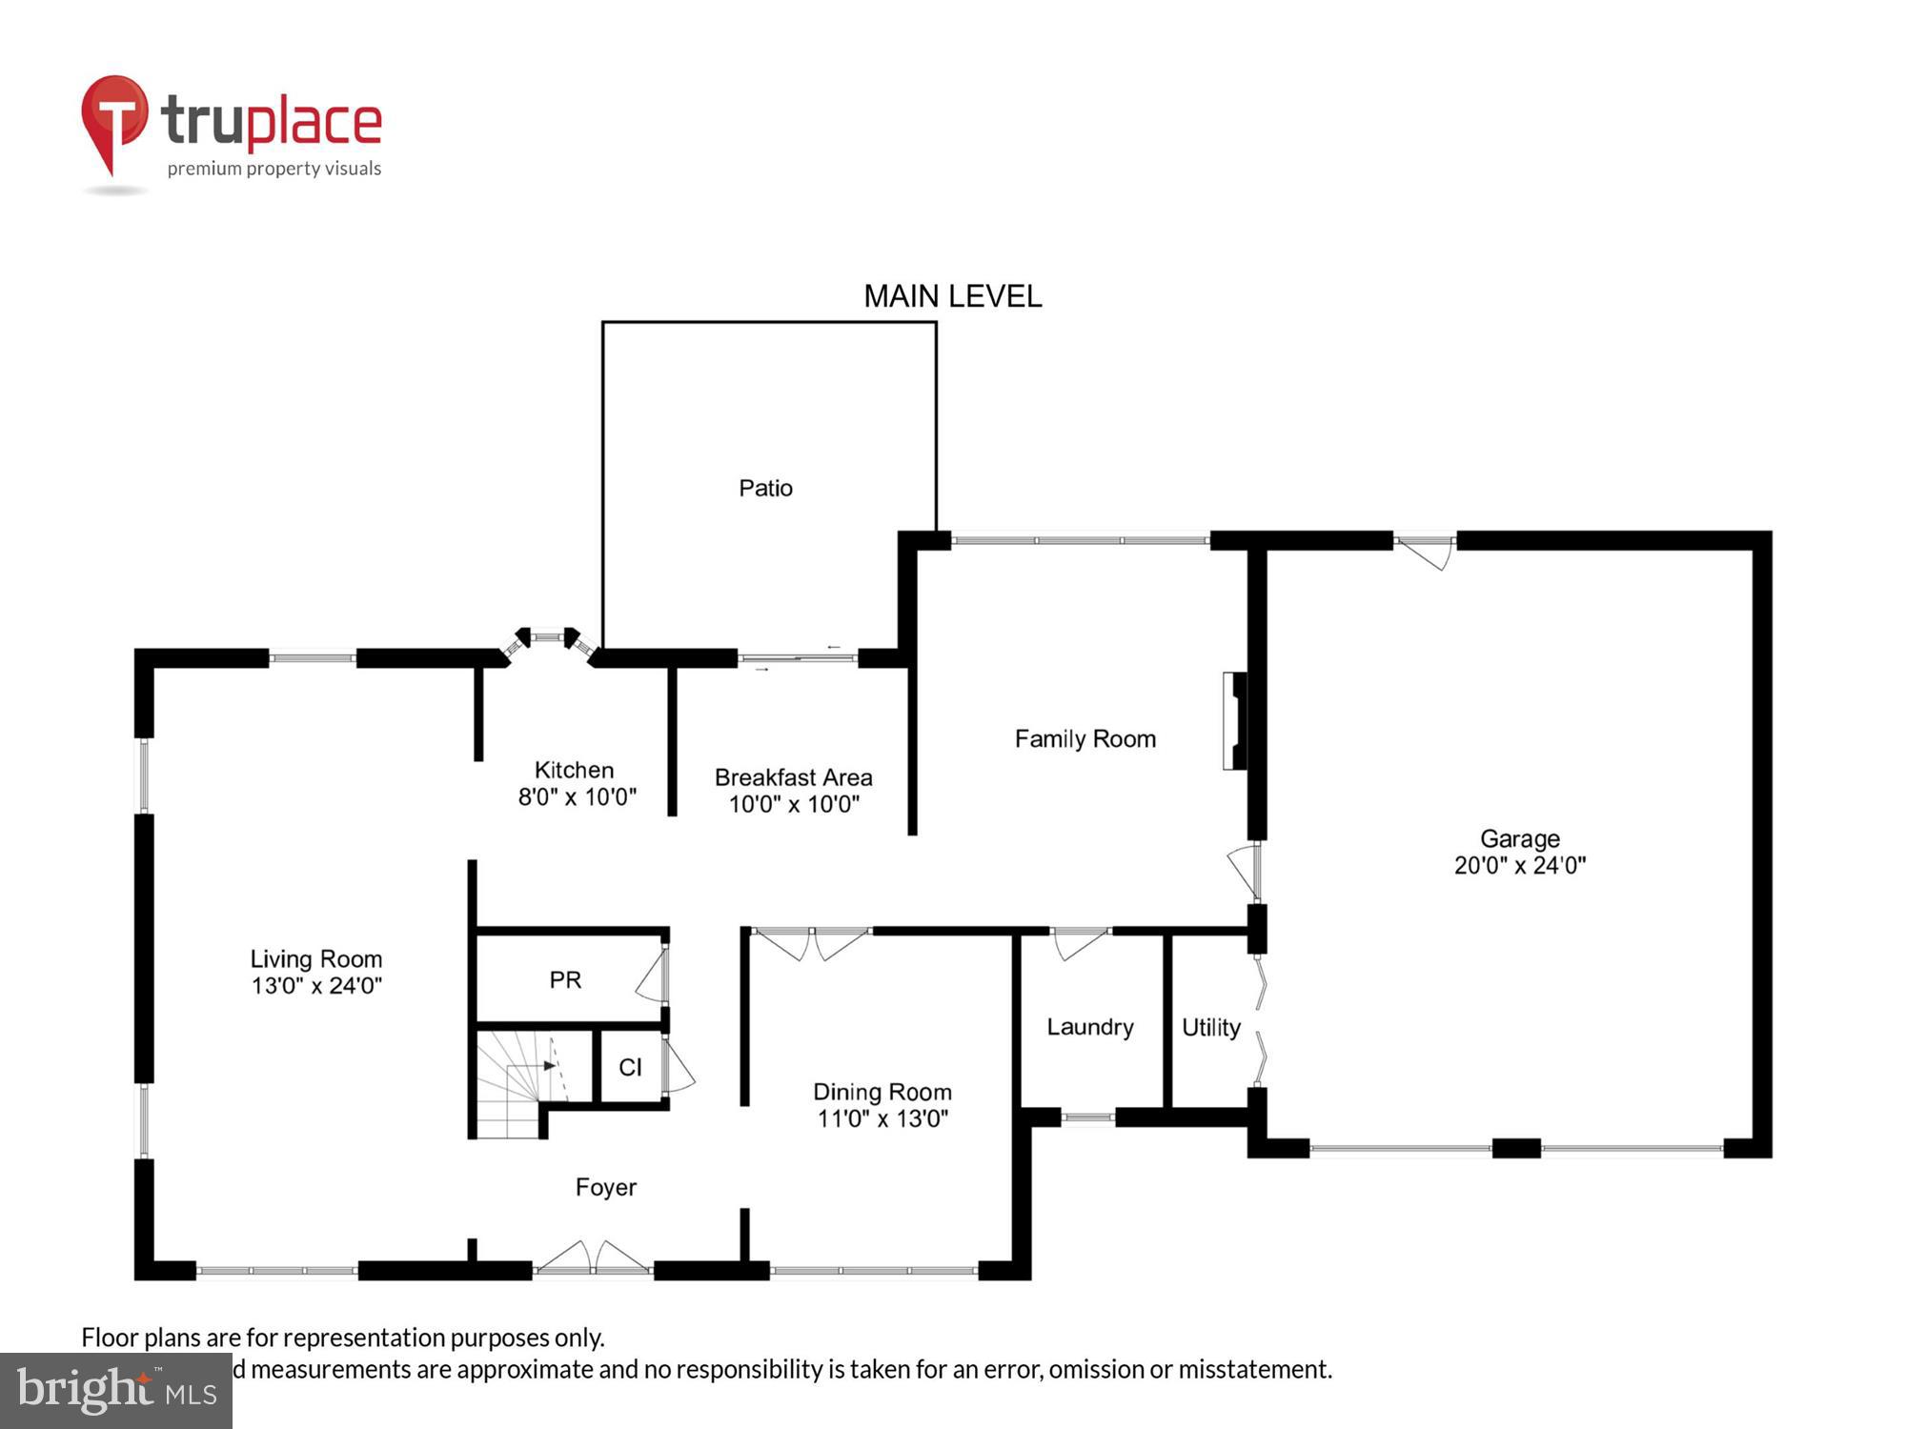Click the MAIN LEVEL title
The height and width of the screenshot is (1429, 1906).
tap(952, 296)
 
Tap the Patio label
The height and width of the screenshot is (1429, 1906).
tap(765, 488)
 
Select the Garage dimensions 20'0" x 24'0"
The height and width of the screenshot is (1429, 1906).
tap(1519, 865)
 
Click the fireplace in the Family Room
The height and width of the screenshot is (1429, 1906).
tap(1235, 720)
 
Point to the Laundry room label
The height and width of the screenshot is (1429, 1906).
tap(1089, 1027)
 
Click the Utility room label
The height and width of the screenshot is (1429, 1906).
tap(1210, 1027)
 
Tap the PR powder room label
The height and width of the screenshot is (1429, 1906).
tap(565, 979)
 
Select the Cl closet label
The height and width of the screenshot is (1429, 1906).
tap(630, 1067)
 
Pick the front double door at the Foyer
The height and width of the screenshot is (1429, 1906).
tap(593, 1259)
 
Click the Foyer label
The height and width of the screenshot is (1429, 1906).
tap(605, 1187)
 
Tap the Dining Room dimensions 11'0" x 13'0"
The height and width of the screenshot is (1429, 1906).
tap(882, 1118)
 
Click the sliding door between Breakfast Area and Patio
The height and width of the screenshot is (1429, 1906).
tap(798, 657)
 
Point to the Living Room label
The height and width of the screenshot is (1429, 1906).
tap(315, 958)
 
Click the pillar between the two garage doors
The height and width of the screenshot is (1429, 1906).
tap(1516, 1148)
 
